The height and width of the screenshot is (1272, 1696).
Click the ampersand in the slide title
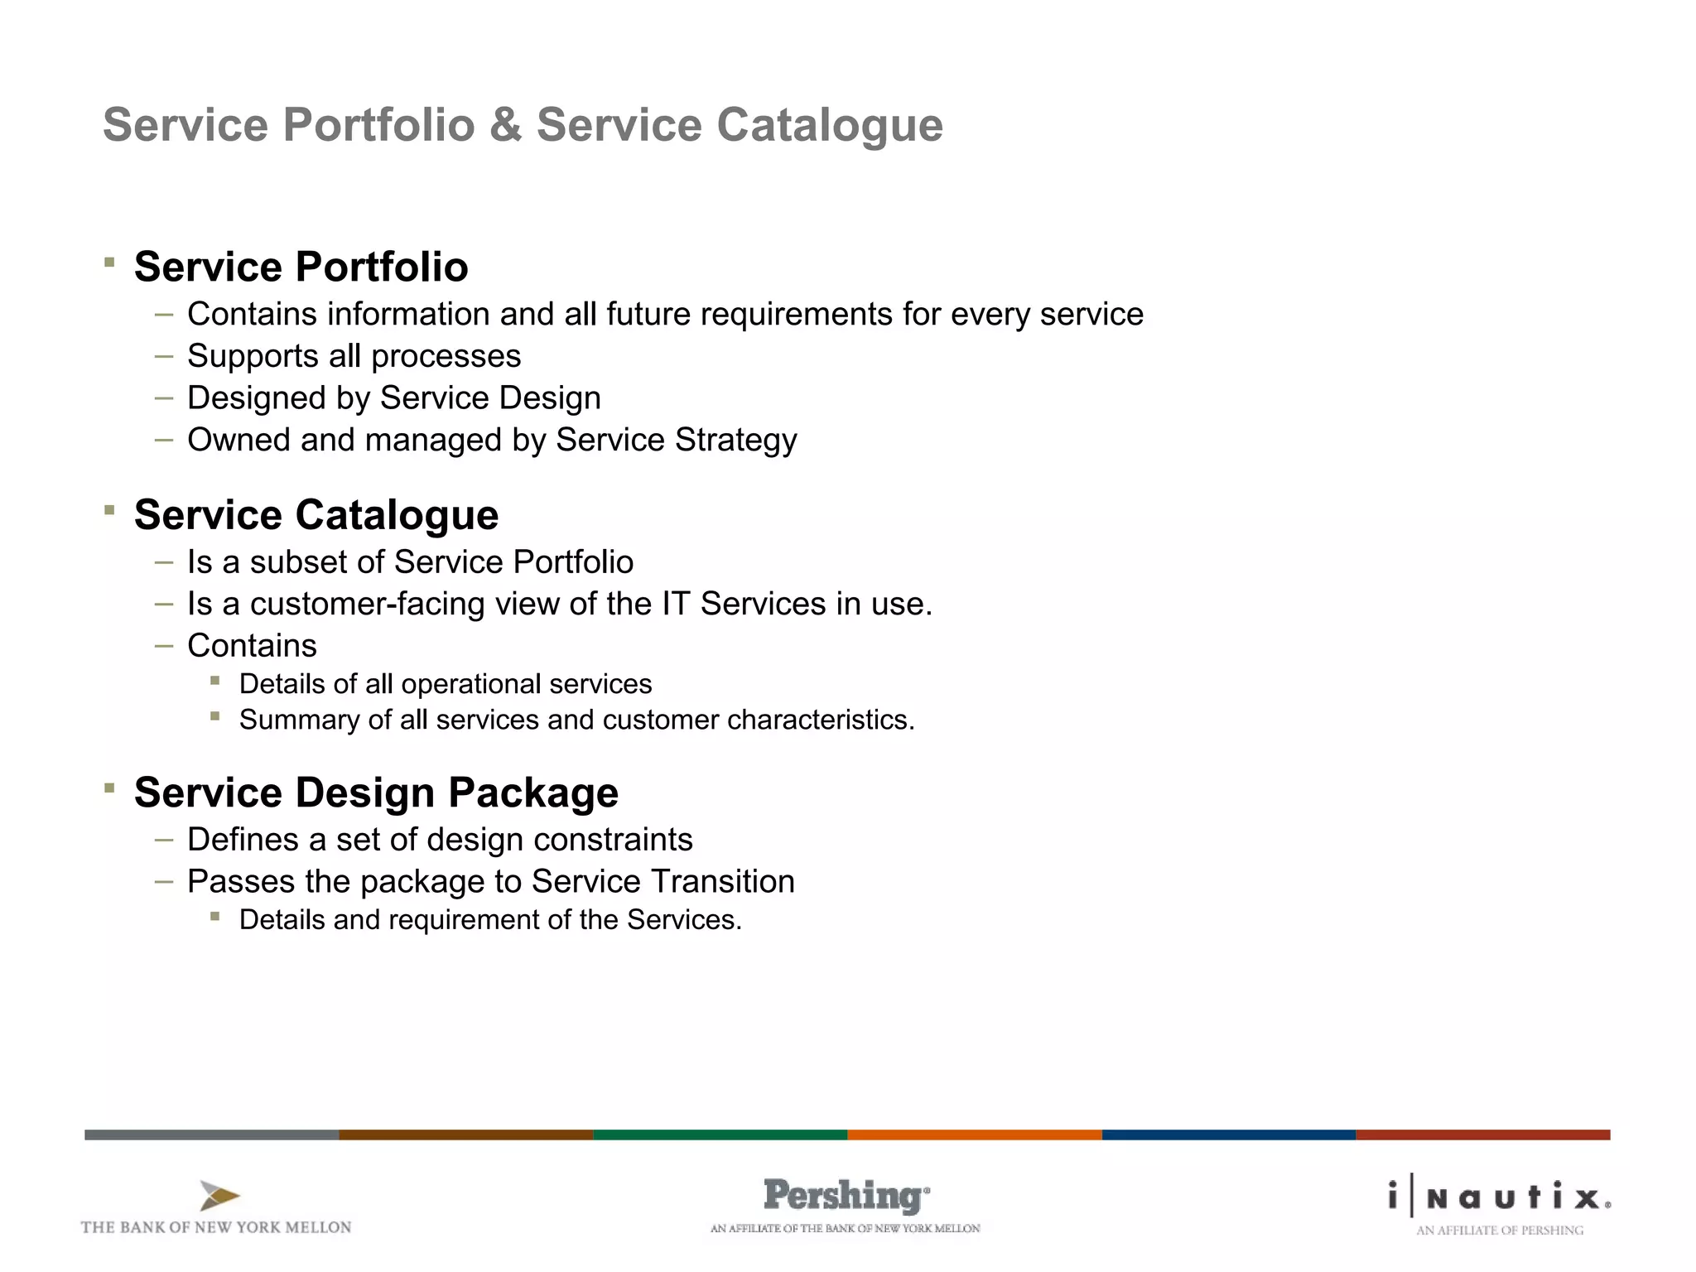pyautogui.click(x=505, y=126)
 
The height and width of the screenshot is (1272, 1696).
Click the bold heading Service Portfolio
pyautogui.click(x=301, y=267)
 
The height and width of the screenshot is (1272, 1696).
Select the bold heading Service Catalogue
pyautogui.click(x=316, y=514)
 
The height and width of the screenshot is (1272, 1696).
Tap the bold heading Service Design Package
pyautogui.click(x=376, y=792)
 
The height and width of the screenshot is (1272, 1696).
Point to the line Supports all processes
pyautogui.click(x=354, y=356)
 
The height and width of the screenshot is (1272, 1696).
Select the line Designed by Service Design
pyautogui.click(x=393, y=398)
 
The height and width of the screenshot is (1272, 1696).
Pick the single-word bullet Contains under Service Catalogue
pyautogui.click(x=252, y=646)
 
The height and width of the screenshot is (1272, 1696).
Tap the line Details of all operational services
pyautogui.click(x=446, y=684)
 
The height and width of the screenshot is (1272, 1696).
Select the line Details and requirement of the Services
pyautogui.click(x=490, y=920)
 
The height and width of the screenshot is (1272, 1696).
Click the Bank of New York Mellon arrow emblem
pyautogui.click(x=219, y=1196)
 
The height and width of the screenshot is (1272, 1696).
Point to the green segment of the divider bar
pyautogui.click(x=720, y=1135)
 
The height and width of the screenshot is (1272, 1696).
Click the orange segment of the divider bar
pyautogui.click(x=974, y=1135)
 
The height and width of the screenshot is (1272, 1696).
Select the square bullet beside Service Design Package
pyautogui.click(x=109, y=788)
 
